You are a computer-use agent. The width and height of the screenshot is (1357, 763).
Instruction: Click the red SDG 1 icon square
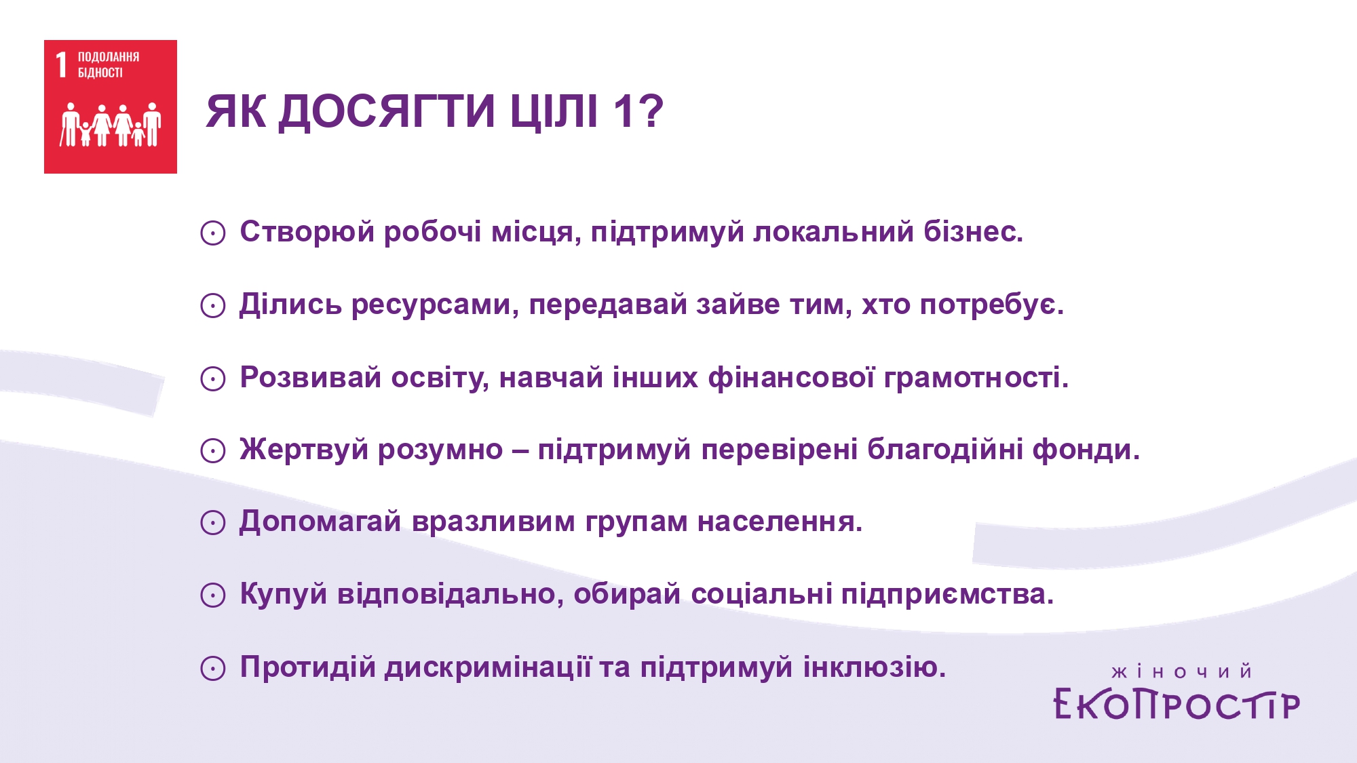[111, 106]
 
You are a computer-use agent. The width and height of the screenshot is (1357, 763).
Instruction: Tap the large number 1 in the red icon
[62, 65]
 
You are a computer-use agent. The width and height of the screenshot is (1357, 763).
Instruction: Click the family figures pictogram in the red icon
[111, 124]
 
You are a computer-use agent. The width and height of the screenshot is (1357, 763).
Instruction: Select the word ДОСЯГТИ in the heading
[387, 111]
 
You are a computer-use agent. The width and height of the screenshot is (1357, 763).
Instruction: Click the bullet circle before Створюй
[213, 233]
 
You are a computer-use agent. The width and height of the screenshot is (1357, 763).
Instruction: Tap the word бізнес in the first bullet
[973, 232]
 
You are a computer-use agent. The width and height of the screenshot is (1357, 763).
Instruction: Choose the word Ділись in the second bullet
[290, 305]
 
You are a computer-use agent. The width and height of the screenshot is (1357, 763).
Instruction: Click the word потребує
[991, 305]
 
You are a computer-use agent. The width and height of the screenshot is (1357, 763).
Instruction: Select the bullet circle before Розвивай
[213, 378]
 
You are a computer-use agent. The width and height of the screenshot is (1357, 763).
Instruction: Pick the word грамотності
[976, 378]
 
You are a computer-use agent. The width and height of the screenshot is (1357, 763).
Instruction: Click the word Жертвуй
[303, 450]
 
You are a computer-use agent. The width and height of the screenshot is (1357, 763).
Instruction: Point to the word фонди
[1086, 450]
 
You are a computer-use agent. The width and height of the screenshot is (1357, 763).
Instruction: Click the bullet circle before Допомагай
[213, 523]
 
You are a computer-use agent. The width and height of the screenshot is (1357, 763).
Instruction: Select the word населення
[780, 522]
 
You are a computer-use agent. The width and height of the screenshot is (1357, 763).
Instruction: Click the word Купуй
[284, 595]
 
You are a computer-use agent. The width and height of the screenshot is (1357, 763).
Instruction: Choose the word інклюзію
[875, 667]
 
